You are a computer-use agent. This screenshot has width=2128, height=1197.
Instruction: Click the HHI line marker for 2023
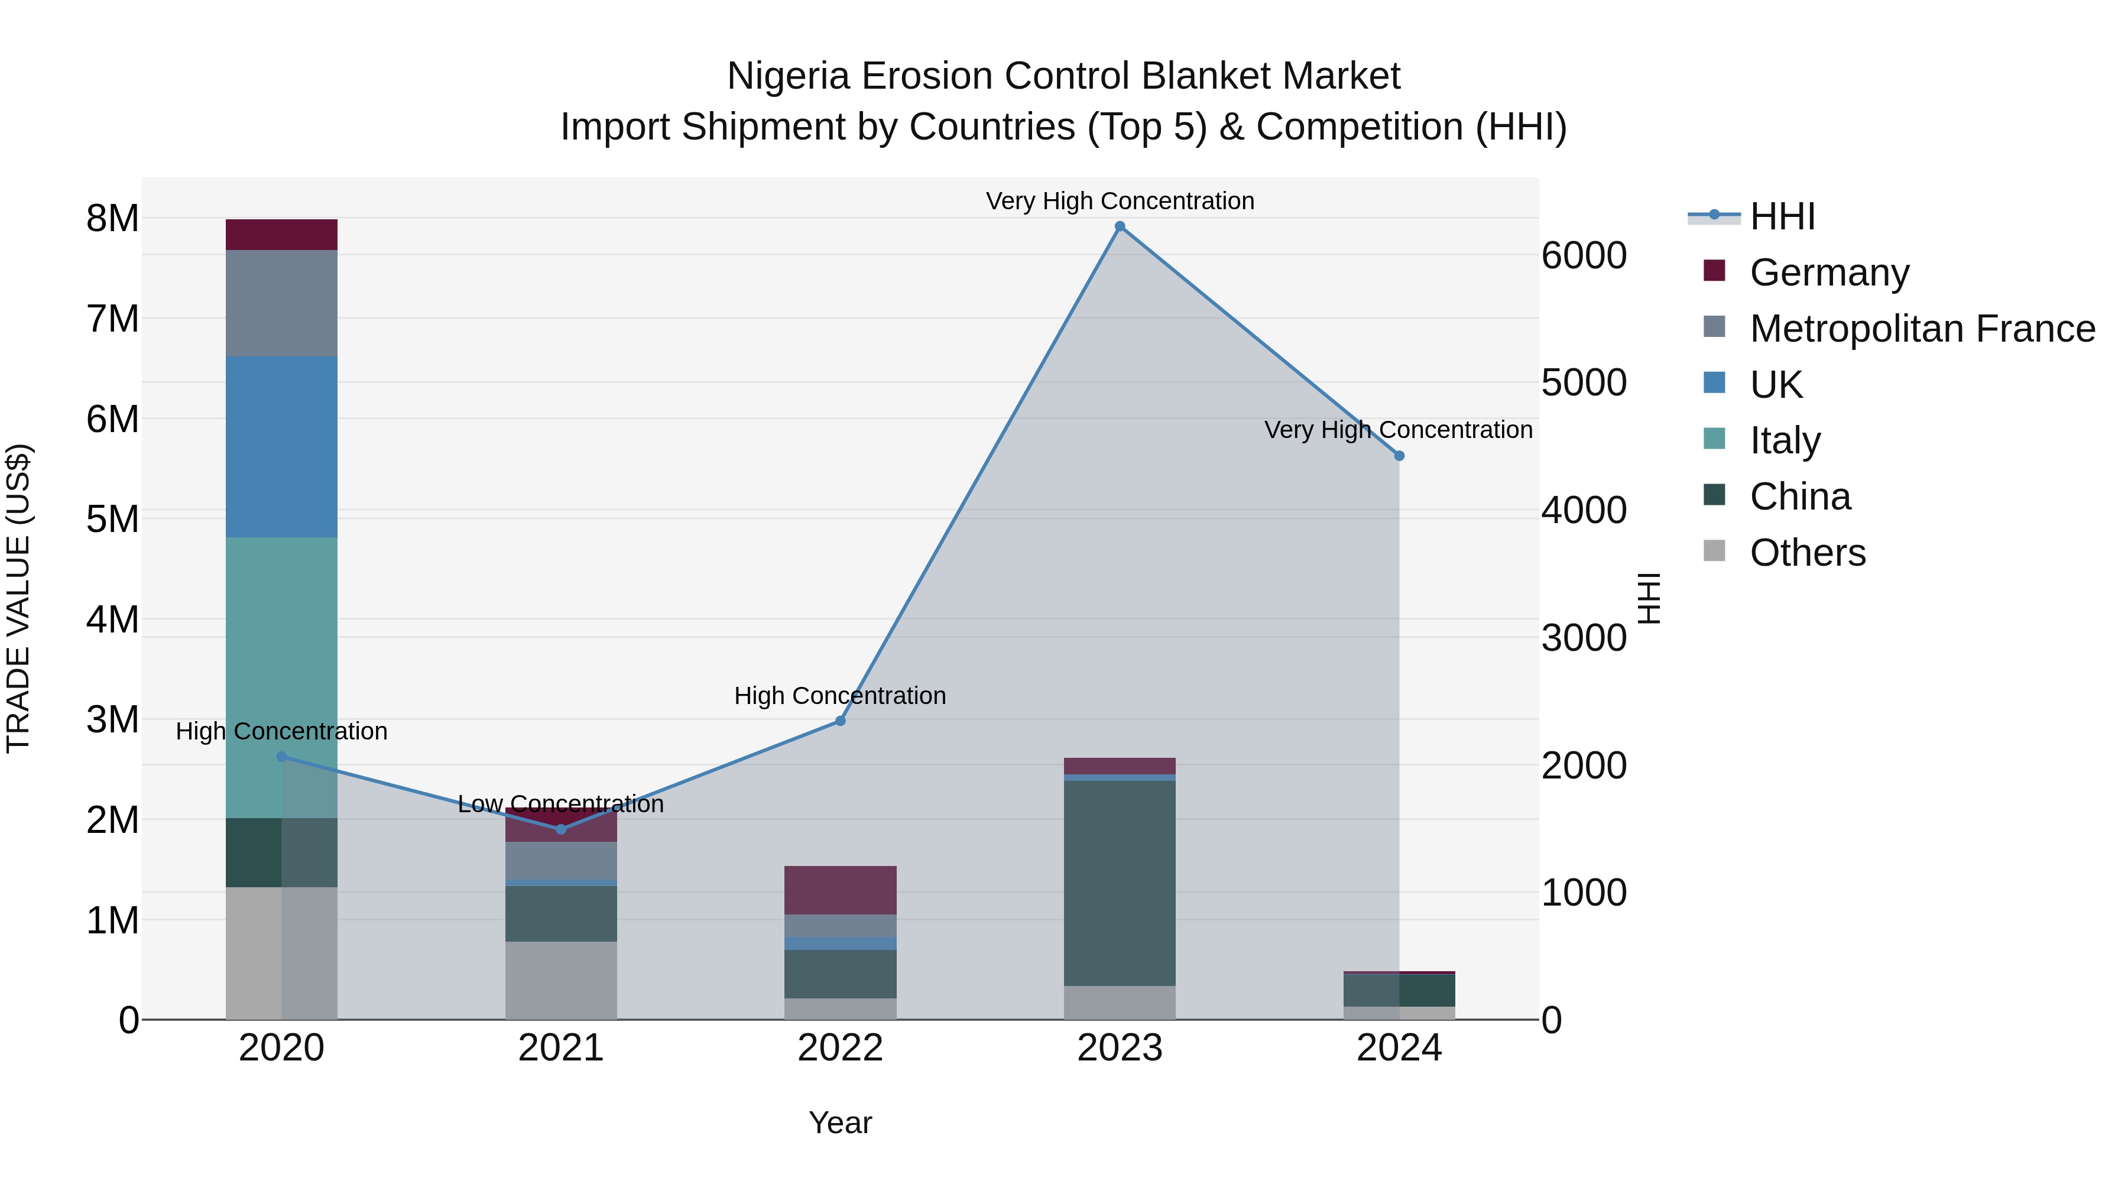1120,226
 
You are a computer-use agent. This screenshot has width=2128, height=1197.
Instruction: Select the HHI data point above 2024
1399,456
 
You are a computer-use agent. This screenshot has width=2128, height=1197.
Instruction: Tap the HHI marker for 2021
561,829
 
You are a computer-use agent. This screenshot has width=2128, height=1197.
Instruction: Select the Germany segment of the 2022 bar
840,890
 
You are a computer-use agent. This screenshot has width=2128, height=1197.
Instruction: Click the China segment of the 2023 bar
1120,883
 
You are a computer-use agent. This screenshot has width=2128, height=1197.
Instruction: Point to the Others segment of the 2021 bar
561,981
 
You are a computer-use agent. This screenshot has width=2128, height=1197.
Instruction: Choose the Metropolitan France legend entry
1922,329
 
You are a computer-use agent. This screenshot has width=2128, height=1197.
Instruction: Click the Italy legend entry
1785,440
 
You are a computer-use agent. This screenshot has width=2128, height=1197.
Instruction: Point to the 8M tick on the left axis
112,219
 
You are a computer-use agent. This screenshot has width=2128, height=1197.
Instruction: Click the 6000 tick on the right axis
1584,255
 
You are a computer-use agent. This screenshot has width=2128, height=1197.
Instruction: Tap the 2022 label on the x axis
840,1048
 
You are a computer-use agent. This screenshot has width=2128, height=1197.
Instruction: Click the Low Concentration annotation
561,804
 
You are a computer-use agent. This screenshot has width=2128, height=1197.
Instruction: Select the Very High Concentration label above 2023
1120,201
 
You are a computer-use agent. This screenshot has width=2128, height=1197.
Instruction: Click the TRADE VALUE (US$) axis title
18,598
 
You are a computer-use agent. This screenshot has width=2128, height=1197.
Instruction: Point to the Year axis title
840,1123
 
